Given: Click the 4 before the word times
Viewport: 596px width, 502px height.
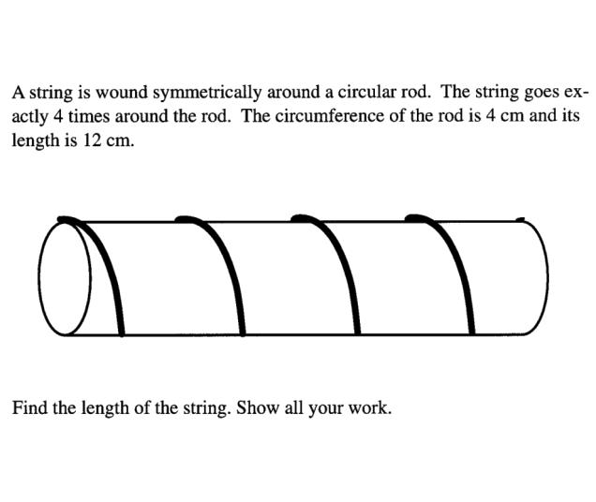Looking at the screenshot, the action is (x=58, y=116).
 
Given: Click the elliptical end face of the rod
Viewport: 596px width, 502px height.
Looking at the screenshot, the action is (x=65, y=278).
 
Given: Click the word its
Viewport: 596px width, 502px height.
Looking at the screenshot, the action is (x=571, y=116).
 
